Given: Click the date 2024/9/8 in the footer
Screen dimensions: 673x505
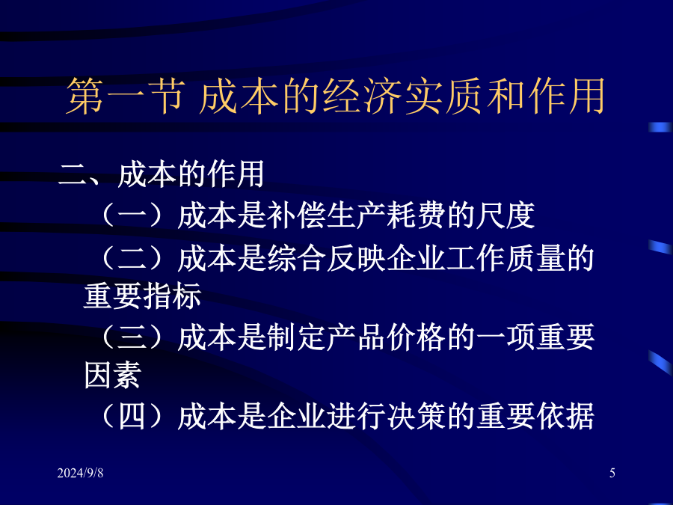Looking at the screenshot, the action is coord(80,473).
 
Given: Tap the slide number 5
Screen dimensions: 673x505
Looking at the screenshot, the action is coord(612,473).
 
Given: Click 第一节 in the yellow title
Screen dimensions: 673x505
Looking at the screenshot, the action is coord(126,97).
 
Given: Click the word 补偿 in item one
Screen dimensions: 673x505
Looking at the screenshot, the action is coord(296,215).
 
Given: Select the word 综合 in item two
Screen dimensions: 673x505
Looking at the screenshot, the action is coord(296,259).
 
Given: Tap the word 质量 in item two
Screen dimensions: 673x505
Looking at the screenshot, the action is coord(535,259).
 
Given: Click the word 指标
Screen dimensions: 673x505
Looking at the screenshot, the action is coord(173,296).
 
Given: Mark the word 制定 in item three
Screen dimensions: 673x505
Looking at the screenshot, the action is coord(296,337).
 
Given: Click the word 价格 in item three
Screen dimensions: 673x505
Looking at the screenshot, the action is coord(416,337).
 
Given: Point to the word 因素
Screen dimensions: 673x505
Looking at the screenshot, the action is coord(112,375).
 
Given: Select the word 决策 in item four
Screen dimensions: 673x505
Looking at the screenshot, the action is coord(416,416).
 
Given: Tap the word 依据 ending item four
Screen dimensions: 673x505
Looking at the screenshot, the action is coord(565,416).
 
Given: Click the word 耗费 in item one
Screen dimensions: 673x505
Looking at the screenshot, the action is coord(416,215).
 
